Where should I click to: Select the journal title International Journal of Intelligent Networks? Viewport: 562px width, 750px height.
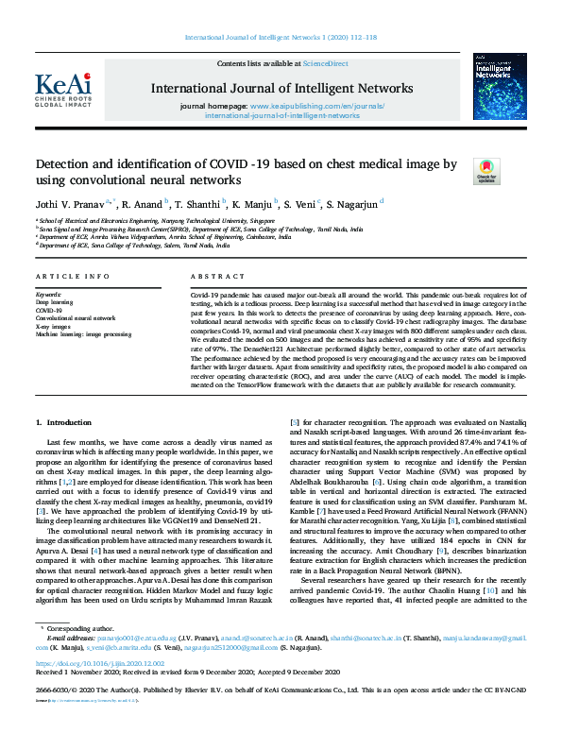coord(281,89)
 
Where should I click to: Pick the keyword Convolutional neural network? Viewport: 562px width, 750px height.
coord(76,318)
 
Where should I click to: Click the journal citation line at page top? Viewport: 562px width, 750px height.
coord(281,39)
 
